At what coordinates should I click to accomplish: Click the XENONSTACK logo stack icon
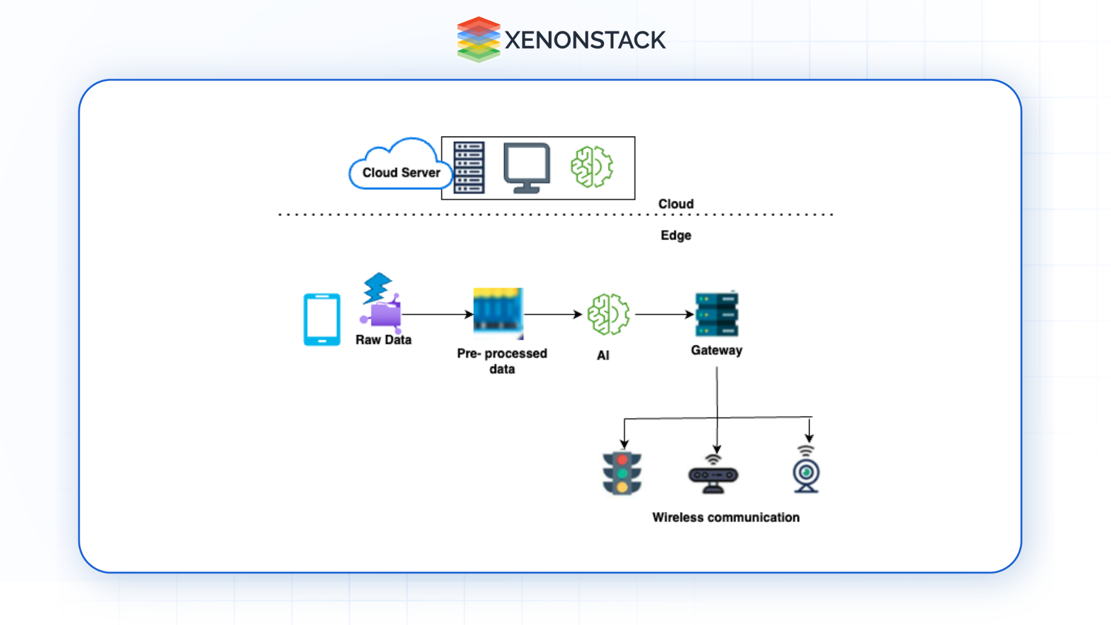479,39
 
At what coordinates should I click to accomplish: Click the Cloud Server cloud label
400,172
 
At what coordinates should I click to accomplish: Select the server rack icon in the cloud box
469,168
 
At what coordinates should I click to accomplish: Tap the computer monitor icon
527,167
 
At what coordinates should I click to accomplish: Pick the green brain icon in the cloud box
591,167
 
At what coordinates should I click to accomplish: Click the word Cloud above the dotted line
675,204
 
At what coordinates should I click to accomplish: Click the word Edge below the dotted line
675,235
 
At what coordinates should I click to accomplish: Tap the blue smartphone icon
322,319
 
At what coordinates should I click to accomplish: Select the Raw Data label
383,340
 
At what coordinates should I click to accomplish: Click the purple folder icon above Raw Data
384,314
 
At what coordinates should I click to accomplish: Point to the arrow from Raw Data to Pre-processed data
437,314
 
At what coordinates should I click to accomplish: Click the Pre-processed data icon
498,312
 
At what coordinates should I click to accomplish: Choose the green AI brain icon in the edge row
608,314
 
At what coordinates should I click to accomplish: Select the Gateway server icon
716,314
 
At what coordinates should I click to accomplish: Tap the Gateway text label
716,350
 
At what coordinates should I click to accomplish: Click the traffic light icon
622,473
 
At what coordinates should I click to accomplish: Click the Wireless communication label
726,517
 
